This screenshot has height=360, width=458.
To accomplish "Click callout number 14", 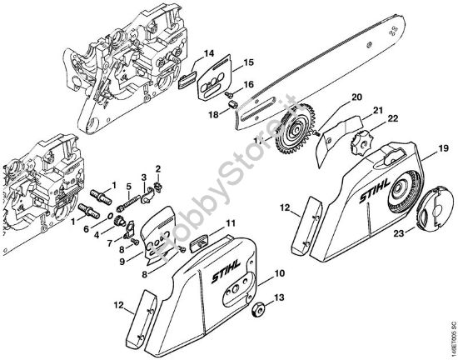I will (x=209, y=52).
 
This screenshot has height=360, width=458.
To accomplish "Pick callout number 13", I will (x=280, y=297).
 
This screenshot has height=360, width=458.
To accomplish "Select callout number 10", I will (x=280, y=273).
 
